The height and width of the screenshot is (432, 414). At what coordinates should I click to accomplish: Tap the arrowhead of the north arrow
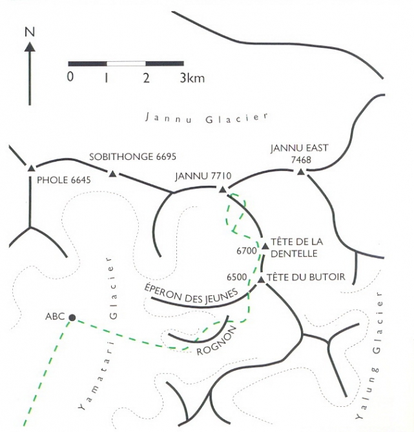(28, 46)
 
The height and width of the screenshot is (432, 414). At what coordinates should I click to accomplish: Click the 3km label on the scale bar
(192, 79)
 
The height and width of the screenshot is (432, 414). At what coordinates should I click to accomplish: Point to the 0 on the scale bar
(70, 78)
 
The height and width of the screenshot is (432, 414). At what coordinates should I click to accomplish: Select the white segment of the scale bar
(126, 64)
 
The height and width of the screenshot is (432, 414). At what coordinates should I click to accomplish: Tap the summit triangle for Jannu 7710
(222, 189)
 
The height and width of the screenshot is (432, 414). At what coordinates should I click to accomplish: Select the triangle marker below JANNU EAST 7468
(300, 172)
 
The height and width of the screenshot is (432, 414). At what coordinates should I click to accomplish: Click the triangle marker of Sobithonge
(113, 173)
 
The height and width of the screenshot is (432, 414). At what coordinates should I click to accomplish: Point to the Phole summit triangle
(30, 168)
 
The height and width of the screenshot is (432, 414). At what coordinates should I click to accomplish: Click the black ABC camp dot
(72, 317)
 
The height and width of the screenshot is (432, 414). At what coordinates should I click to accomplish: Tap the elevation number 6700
(247, 250)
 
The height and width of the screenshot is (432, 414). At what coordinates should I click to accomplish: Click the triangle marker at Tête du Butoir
(260, 279)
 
